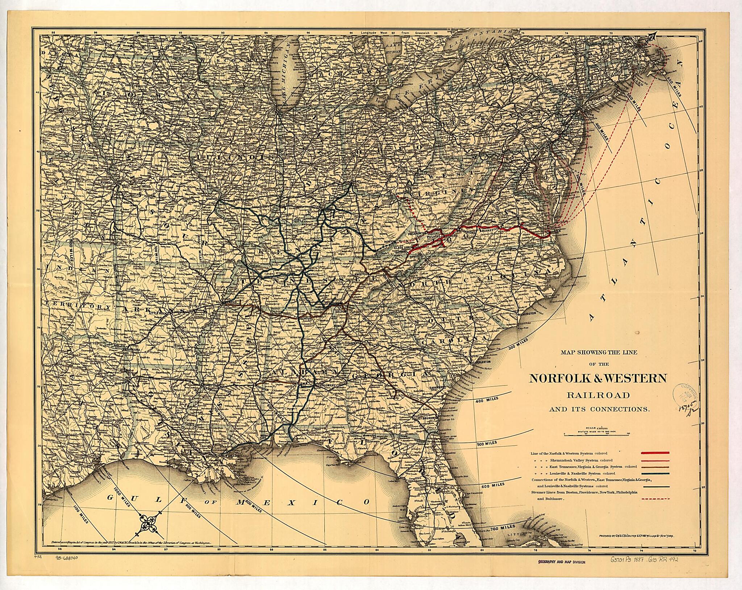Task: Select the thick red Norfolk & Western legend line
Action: (x=655, y=453)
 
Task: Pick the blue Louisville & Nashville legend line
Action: (x=655, y=474)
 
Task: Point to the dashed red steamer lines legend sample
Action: (x=655, y=499)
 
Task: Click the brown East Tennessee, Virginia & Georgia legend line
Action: (x=655, y=467)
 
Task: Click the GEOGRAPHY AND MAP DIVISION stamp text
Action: (x=561, y=572)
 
